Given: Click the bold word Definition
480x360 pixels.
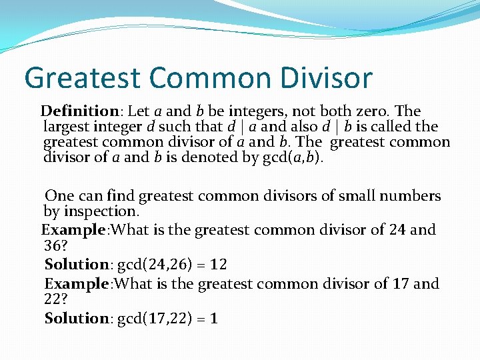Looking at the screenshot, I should click(x=79, y=111).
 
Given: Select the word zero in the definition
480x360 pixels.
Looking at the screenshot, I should click(x=374, y=111).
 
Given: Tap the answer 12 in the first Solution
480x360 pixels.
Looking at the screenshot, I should click(x=218, y=265).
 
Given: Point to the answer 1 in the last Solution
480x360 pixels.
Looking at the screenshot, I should click(x=213, y=319).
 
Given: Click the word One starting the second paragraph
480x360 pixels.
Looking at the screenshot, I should click(x=59, y=196).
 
